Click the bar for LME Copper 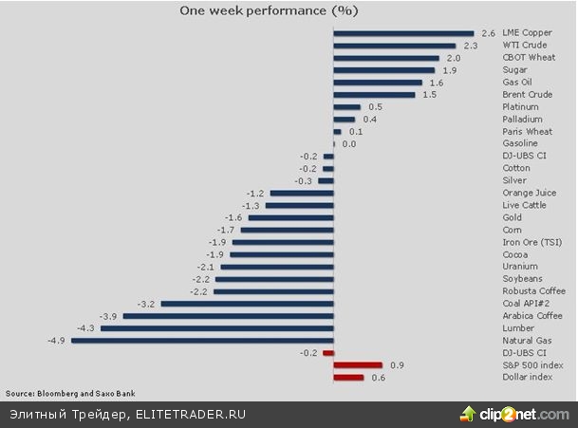point(403,33)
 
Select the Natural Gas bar point(202,340)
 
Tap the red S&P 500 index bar point(358,364)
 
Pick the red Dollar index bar point(348,377)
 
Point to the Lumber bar point(216,327)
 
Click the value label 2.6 point(489,33)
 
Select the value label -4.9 point(56,340)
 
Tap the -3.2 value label point(146,304)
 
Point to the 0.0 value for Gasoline point(348,144)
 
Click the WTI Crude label point(523,46)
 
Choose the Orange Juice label point(529,193)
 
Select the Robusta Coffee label point(532,291)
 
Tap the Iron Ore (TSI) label point(531,242)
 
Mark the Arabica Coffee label point(532,316)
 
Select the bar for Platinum point(347,107)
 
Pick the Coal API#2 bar point(247,304)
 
